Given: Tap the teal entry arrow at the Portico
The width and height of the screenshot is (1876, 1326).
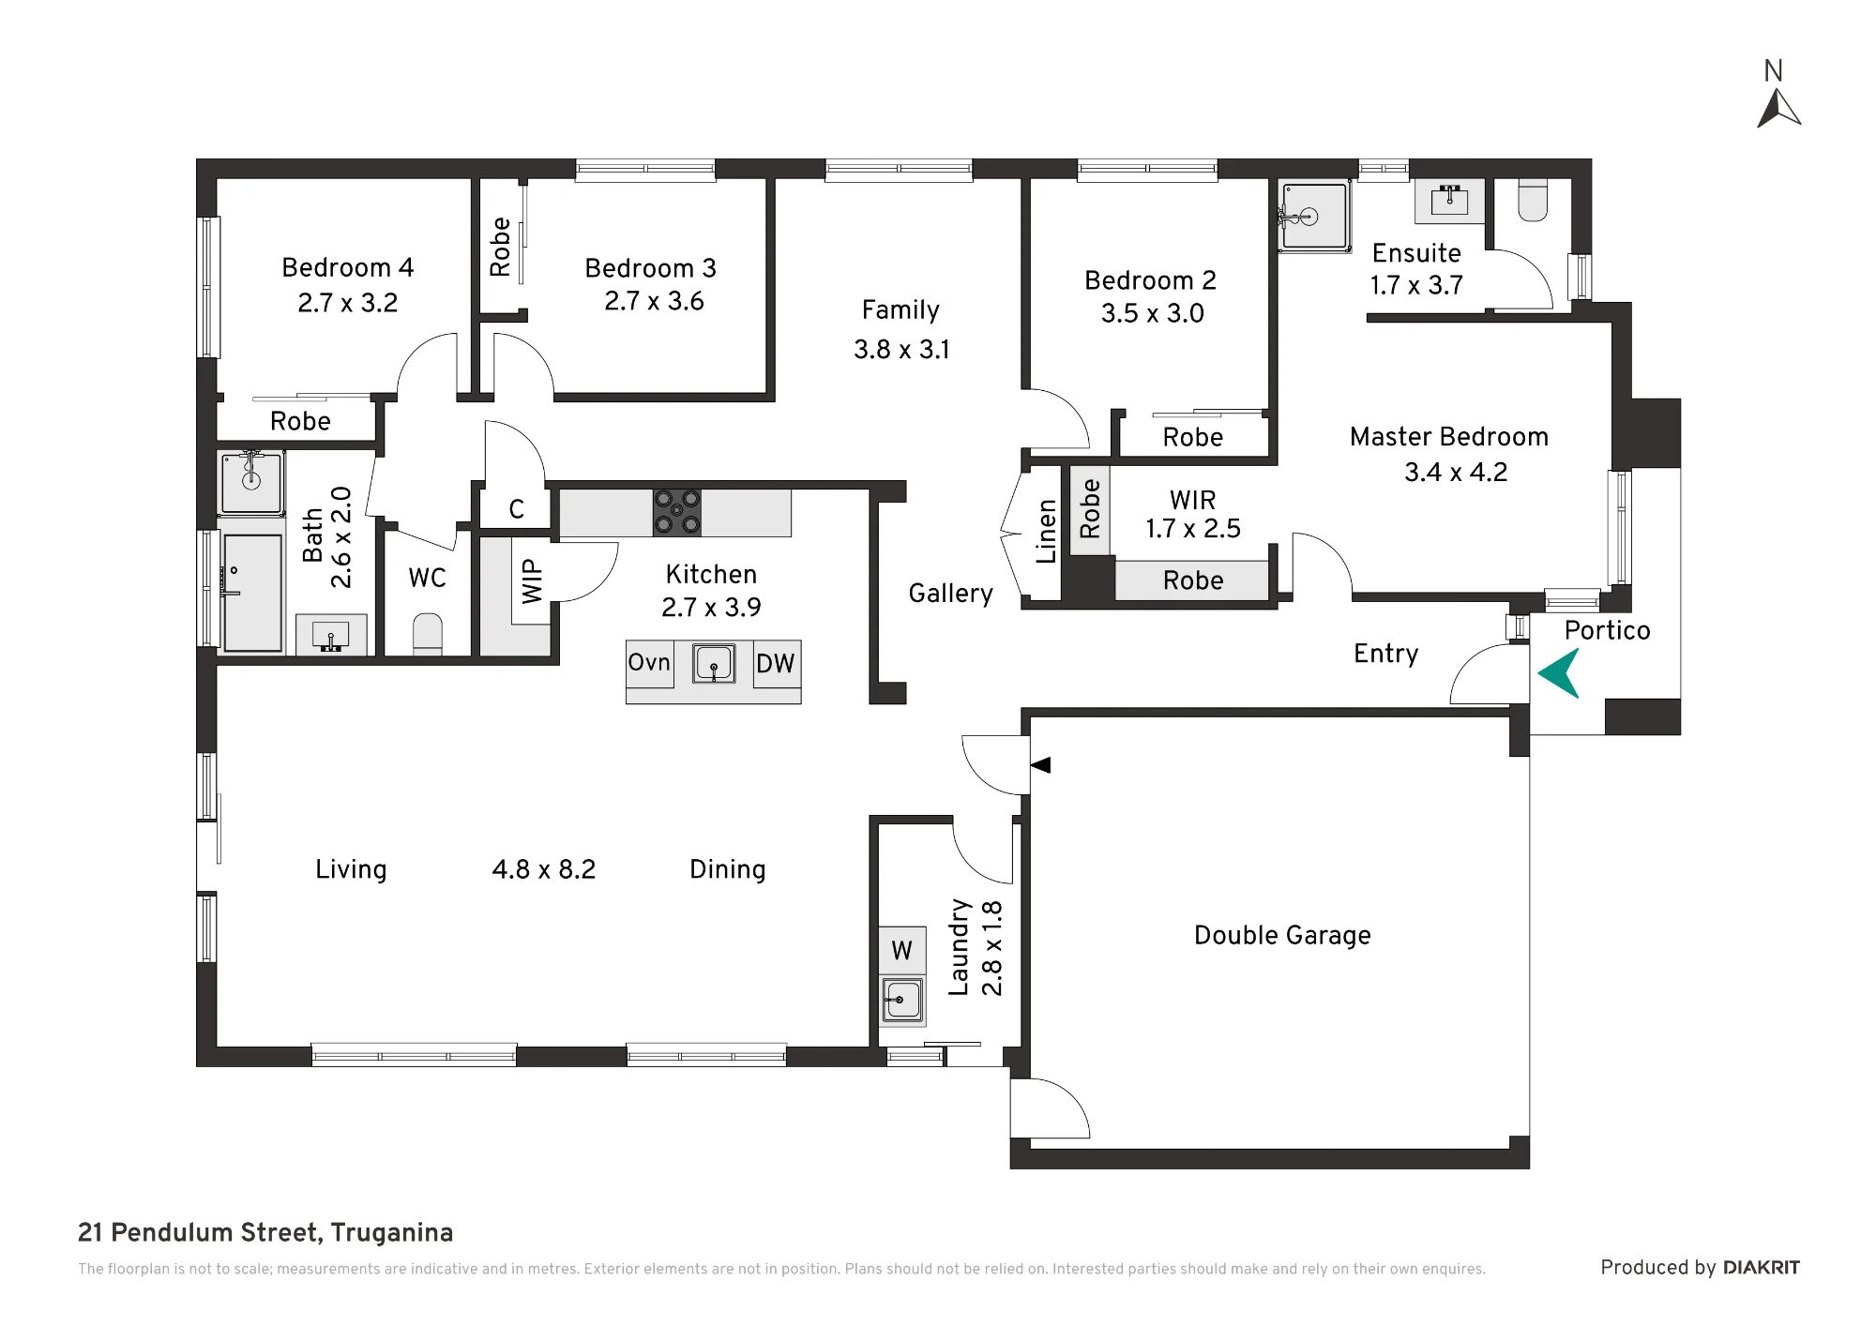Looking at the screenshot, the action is [x=1559, y=673].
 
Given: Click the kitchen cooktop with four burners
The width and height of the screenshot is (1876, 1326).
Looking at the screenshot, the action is [x=677, y=512].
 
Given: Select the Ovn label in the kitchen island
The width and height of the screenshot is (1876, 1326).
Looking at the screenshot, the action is [x=649, y=662].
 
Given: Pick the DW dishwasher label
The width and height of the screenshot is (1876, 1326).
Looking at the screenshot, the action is [x=775, y=664].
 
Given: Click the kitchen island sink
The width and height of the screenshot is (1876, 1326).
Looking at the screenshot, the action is [x=714, y=664].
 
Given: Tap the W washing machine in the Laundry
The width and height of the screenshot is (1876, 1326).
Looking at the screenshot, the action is [x=901, y=951].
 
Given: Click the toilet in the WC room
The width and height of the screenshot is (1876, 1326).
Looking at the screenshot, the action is [x=428, y=634].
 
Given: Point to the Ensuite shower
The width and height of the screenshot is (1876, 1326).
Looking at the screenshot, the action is [x=1314, y=217].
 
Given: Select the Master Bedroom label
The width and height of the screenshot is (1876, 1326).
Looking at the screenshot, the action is [x=1449, y=437].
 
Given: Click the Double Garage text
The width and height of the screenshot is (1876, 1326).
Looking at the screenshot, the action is [x=1282, y=935].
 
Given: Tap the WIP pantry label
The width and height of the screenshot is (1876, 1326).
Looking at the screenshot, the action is [x=532, y=581].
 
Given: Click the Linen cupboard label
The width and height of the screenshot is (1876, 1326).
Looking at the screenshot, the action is [x=1047, y=532].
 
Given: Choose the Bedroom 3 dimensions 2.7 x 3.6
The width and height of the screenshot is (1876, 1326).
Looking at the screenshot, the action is [x=654, y=301].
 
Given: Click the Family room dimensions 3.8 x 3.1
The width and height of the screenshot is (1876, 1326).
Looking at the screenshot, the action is [x=901, y=350].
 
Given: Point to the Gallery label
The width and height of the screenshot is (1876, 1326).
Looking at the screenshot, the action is [x=950, y=594].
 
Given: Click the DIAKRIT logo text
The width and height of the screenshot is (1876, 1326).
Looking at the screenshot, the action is [x=1762, y=1268].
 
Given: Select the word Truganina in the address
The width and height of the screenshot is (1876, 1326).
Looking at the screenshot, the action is [x=391, y=1232].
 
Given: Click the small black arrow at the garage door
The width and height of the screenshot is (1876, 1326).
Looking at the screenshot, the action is [x=1040, y=765].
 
